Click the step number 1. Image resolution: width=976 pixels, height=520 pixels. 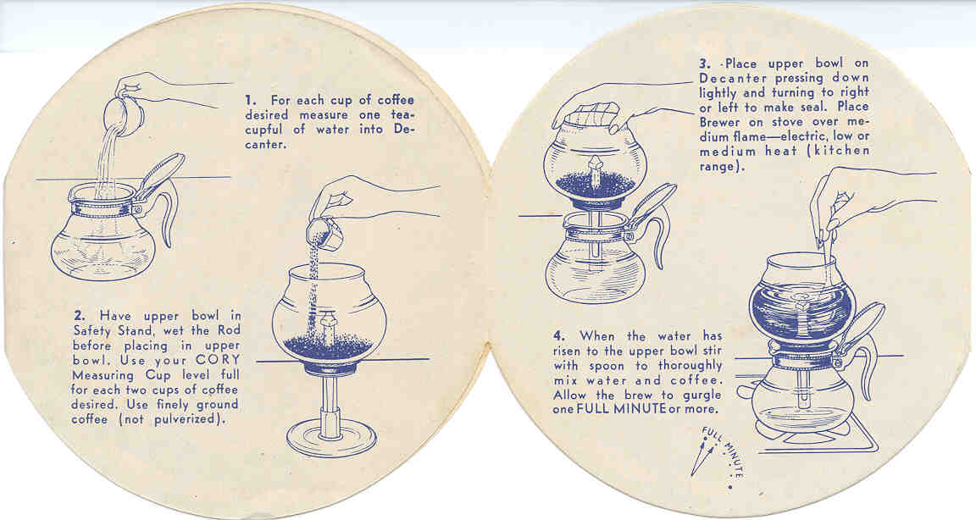tap(250, 100)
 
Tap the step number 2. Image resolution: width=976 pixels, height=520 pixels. tap(79, 315)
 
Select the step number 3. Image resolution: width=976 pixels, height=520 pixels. tap(705, 64)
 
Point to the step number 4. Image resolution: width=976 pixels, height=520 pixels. tap(558, 336)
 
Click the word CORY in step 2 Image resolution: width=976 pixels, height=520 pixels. tap(217, 360)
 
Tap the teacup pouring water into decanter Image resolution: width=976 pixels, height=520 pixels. tap(123, 115)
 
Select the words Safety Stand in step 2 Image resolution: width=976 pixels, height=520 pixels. tap(104, 331)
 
